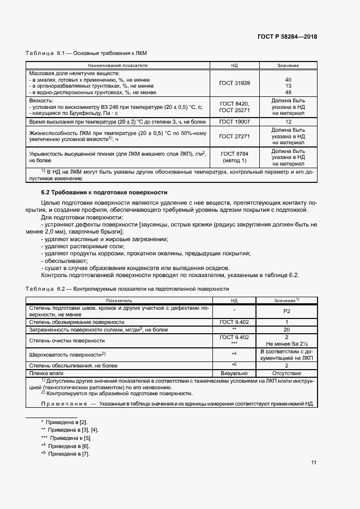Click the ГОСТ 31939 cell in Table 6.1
(234, 83)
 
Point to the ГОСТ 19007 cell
(234, 122)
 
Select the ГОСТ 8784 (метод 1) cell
(234, 157)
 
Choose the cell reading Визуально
(234, 373)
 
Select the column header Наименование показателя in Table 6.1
(119, 65)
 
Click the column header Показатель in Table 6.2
(119, 300)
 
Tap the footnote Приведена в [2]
(66, 422)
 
